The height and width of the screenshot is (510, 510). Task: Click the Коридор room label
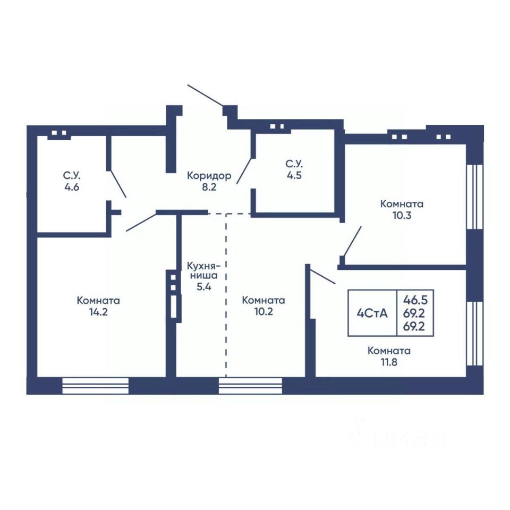coord(209,176)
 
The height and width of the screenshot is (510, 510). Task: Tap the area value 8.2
coord(209,188)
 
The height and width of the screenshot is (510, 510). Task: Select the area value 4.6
coord(72,188)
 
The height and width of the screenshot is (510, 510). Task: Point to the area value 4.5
coord(294,176)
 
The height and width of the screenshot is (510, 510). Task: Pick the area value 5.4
coord(203,287)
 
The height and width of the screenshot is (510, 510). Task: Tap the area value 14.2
coord(98,312)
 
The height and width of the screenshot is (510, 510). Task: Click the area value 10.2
coord(263,312)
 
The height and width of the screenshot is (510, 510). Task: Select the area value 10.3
coord(402,215)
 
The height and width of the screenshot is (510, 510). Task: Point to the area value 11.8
coord(389,362)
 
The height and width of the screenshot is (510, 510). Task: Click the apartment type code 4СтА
coord(372,313)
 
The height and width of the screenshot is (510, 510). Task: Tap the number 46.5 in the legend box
coord(415,300)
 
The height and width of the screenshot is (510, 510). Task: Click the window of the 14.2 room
coord(95,386)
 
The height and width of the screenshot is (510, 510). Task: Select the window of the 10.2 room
coord(250,386)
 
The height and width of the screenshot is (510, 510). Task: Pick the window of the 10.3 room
coord(474,197)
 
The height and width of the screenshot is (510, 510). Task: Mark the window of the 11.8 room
coord(474,334)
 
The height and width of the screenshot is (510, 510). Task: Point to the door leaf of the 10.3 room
coord(352,241)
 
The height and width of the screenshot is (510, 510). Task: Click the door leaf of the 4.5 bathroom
coord(244,171)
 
